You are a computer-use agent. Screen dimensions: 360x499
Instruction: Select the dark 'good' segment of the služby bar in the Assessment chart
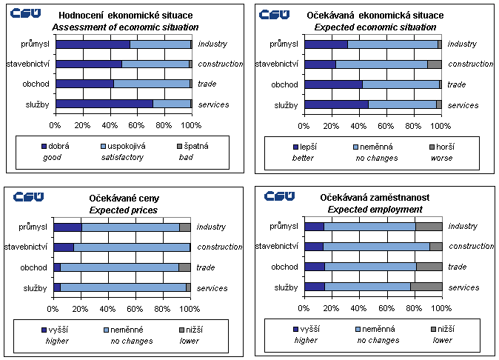coord(104,104)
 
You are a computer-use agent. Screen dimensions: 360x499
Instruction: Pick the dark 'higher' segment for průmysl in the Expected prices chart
coord(67,227)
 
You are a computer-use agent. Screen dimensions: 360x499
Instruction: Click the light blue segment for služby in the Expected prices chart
coord(123,287)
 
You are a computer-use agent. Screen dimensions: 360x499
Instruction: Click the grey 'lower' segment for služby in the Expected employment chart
coord(426,287)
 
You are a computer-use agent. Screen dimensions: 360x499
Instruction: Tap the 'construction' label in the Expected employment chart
coord(471,247)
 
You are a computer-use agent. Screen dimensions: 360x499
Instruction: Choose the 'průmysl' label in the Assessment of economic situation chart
coord(36,44)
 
